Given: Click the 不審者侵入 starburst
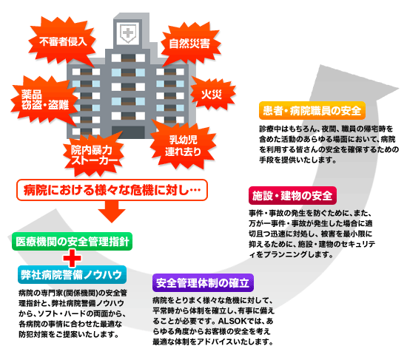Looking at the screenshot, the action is coord(62,41).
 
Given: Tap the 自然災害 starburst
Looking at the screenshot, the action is coord(190,44).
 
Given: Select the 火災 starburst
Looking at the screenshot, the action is coord(212,94).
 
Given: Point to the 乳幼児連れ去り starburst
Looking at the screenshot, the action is coord(184,146).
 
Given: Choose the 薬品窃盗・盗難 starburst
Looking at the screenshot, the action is coord(44,100).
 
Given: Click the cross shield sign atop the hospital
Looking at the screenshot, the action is coord(128,33).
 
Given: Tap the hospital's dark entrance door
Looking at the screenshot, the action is coord(128,132).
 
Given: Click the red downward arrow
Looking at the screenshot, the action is coord(112,211).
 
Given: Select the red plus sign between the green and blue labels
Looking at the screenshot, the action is coord(73,258).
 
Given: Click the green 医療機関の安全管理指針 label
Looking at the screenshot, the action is coord(73,242).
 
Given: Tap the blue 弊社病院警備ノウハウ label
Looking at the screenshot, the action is coord(73,275).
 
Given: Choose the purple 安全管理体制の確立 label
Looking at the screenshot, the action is coord(203,282).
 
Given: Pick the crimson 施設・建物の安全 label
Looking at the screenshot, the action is coord(292,196).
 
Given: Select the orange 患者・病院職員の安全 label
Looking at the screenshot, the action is coord(312,111).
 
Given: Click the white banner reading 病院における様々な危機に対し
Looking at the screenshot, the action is coord(112,190).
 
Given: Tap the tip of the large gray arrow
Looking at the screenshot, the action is coord(399,88).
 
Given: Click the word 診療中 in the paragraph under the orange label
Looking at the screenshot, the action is coord(270,129).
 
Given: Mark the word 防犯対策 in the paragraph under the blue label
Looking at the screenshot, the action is coord(33,334).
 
